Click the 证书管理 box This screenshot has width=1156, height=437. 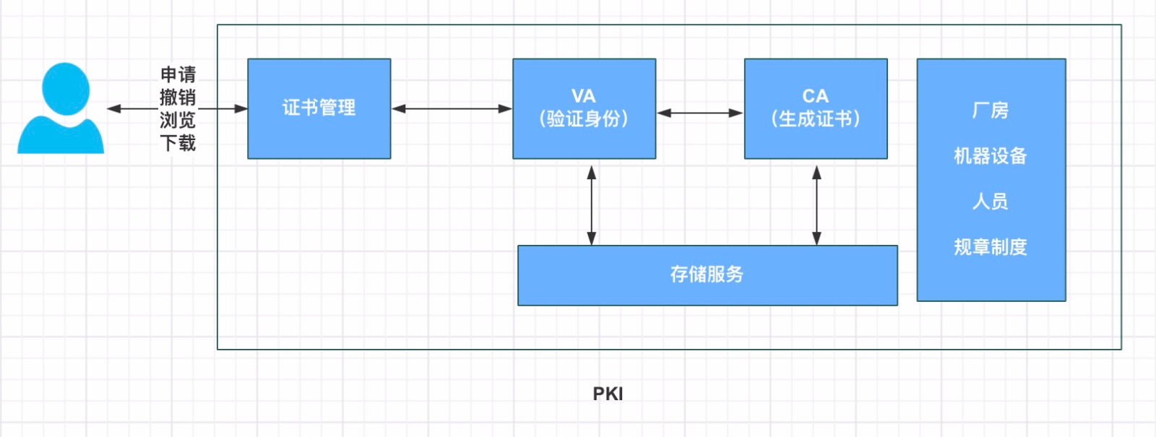click(319, 108)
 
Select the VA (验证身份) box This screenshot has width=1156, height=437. click(584, 108)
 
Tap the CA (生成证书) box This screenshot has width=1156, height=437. click(815, 108)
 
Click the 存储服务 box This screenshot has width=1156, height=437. click(707, 275)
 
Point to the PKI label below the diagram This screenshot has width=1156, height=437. click(608, 394)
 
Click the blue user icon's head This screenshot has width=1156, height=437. click(66, 88)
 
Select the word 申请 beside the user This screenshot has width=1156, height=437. click(178, 74)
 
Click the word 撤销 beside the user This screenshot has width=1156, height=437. click(178, 97)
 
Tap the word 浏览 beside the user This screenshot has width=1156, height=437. click(178, 120)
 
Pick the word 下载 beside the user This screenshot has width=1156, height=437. click(178, 143)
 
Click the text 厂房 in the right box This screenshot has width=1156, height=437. click(990, 111)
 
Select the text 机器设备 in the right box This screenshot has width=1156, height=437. click(990, 156)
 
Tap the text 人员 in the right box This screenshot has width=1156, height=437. click(990, 202)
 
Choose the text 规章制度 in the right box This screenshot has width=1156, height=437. click(990, 247)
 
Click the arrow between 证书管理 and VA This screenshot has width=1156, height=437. click(452, 109)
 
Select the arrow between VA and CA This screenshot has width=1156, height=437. click(699, 113)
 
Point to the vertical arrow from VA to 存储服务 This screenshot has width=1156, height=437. click(592, 205)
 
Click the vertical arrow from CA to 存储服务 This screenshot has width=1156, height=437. click(816, 205)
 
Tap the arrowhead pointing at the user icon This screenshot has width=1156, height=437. click(113, 109)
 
